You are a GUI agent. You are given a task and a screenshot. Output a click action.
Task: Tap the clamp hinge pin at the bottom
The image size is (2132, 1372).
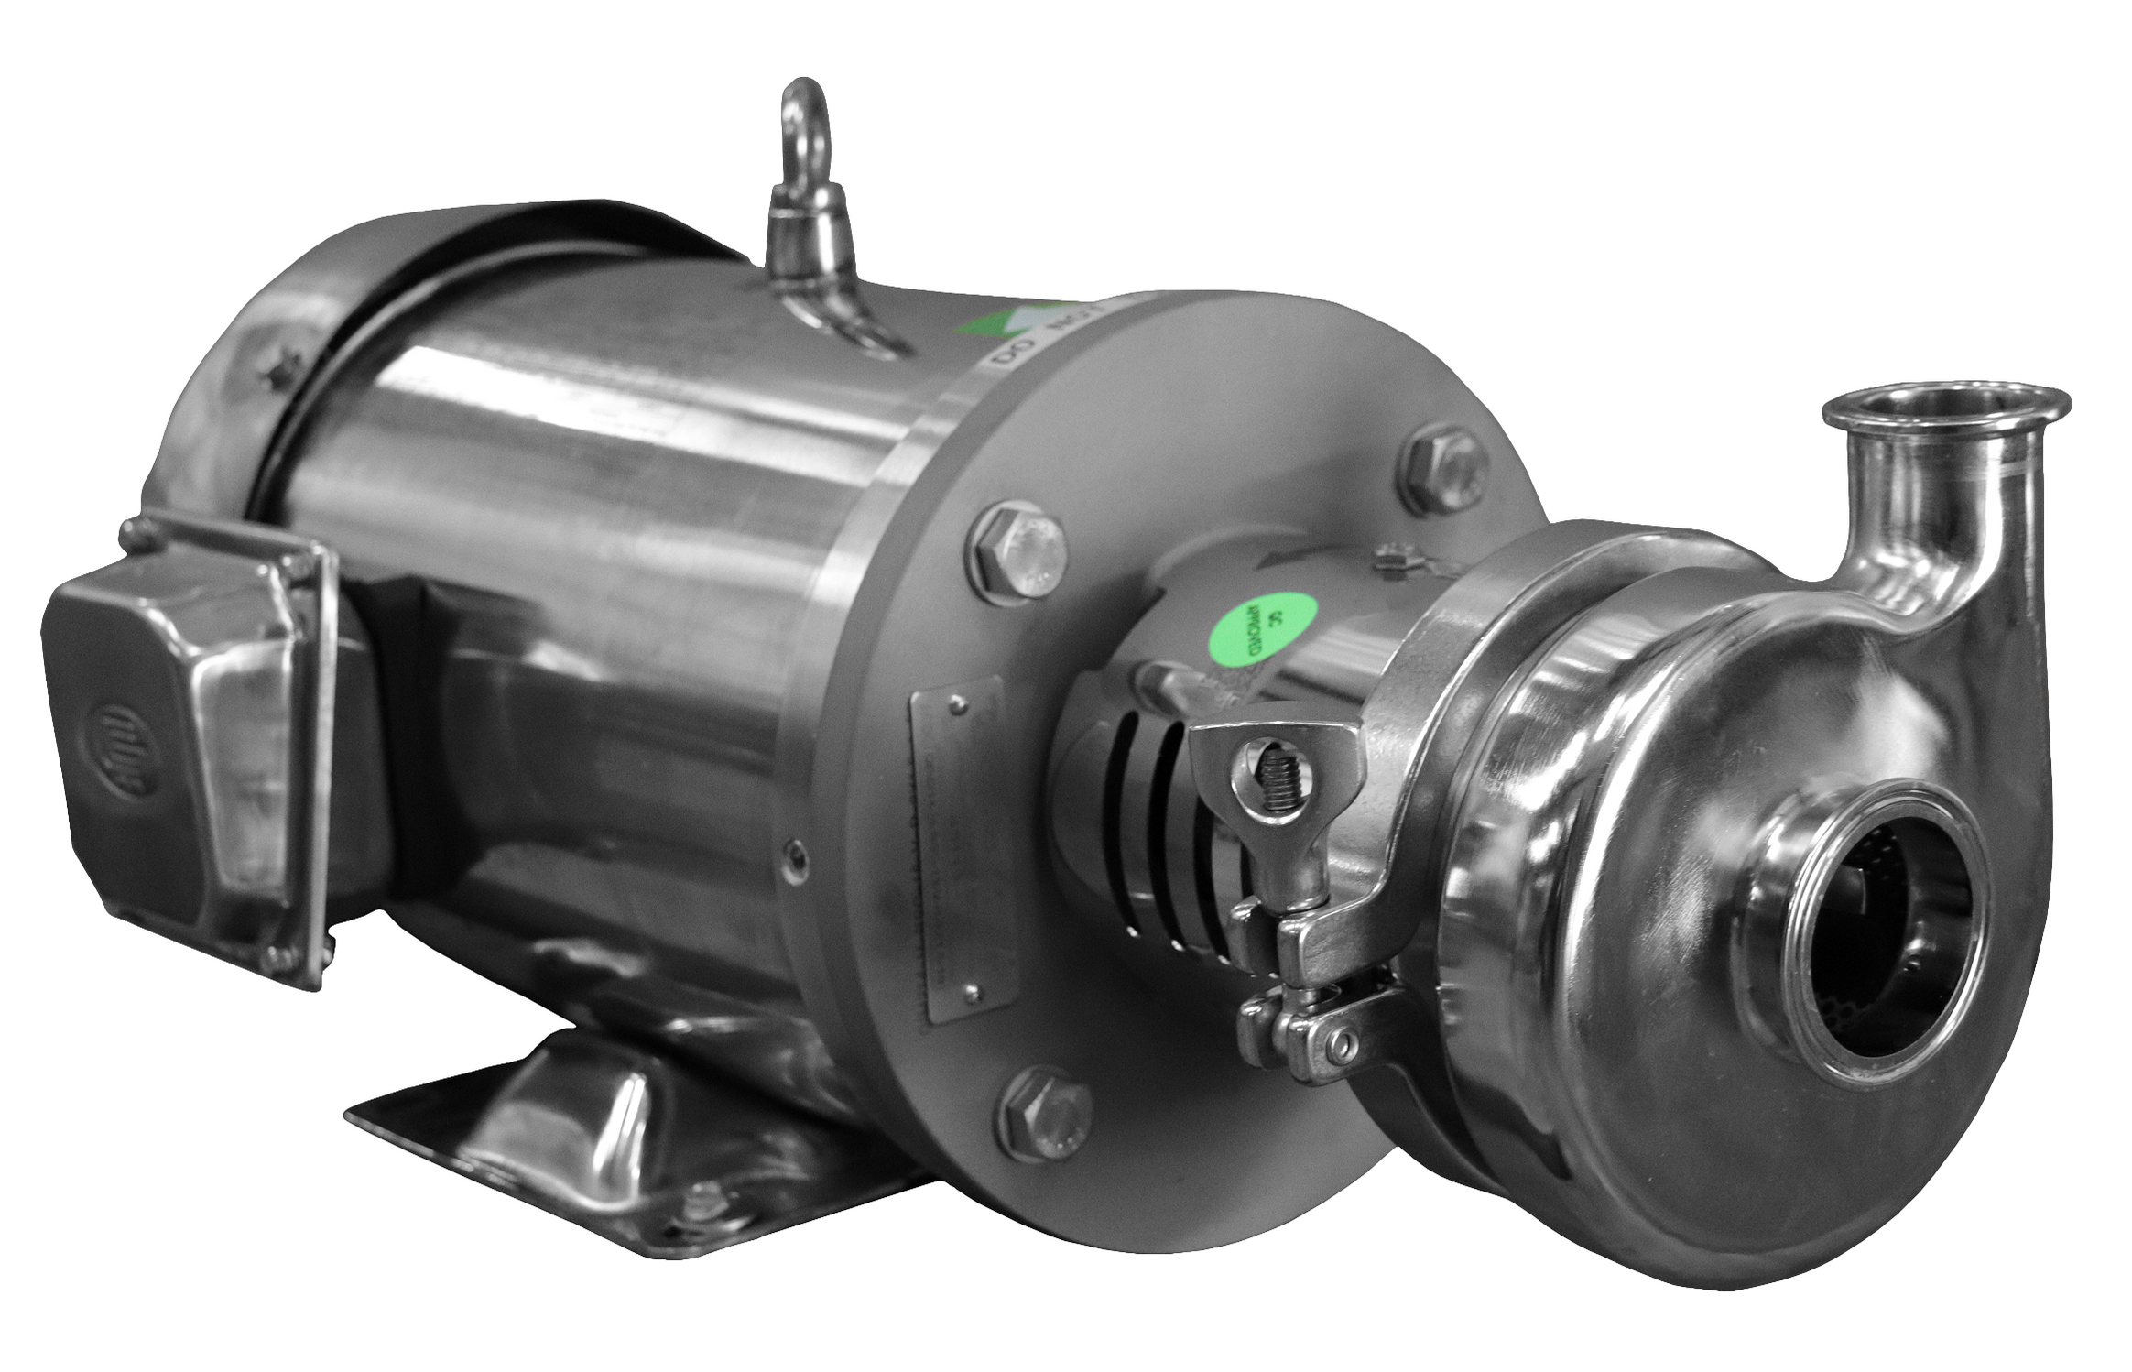[1343, 1045]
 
